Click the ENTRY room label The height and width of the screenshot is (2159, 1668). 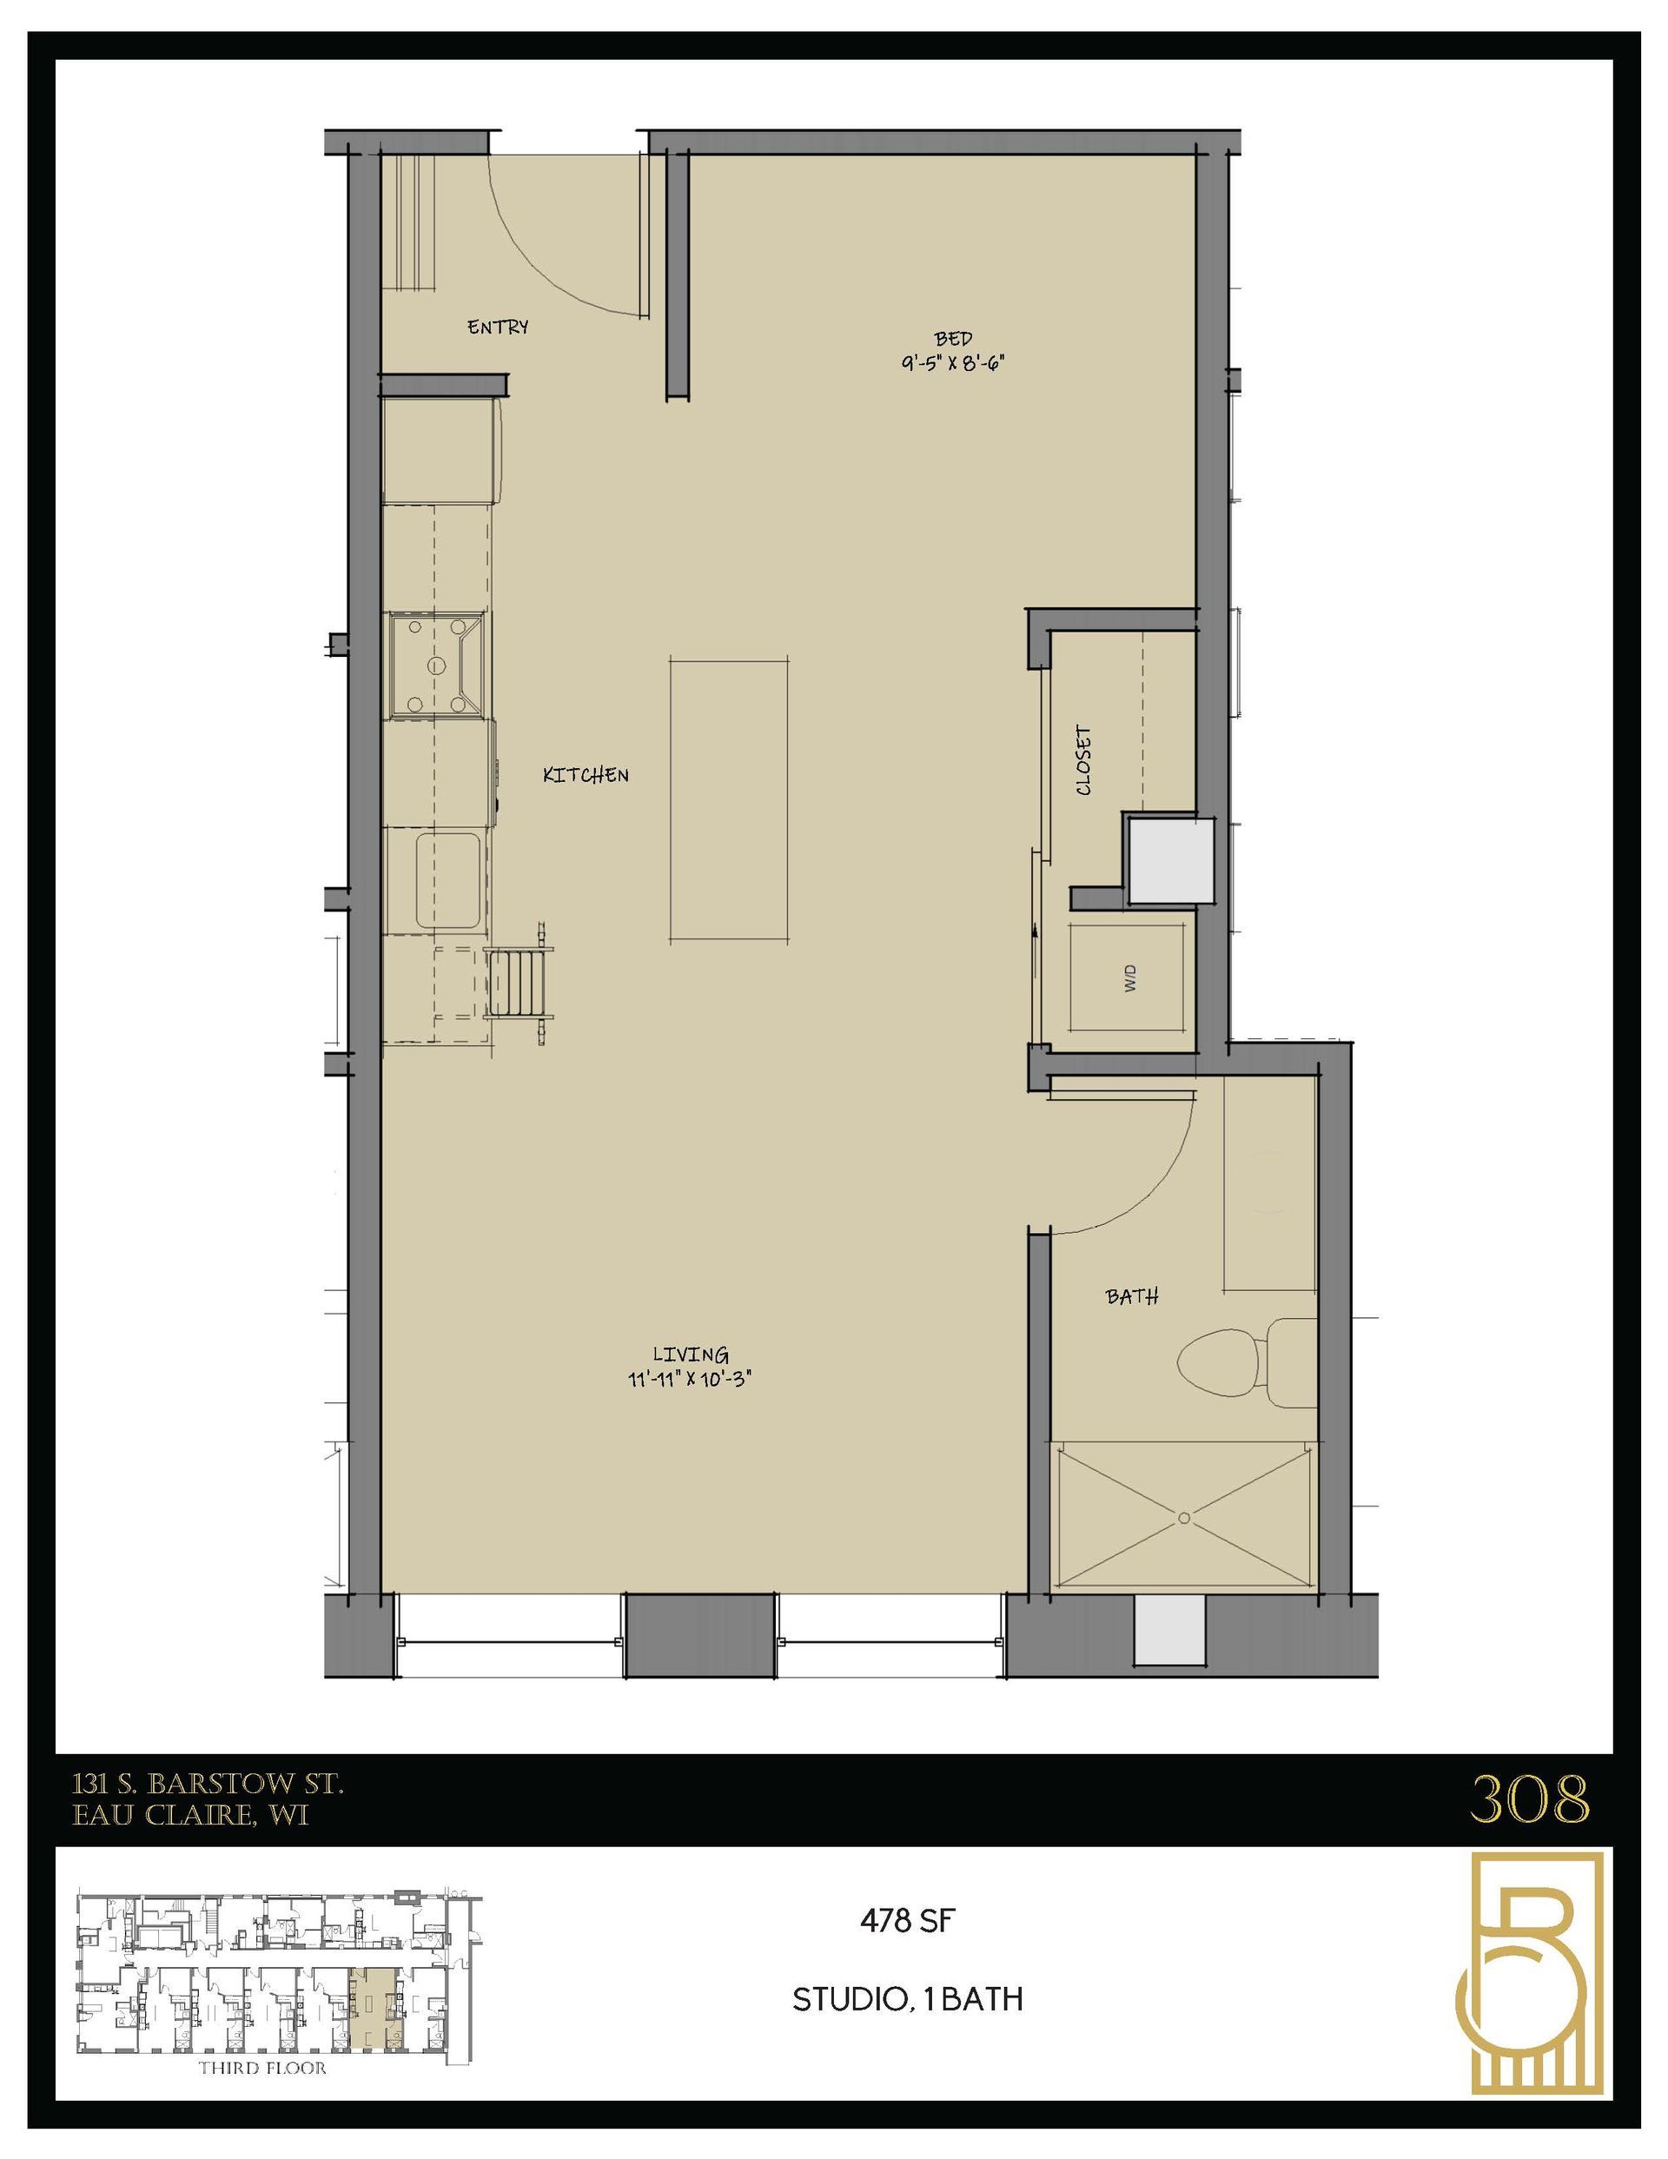point(497,326)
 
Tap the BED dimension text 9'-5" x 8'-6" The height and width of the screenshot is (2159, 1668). point(952,363)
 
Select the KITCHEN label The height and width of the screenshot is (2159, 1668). point(586,775)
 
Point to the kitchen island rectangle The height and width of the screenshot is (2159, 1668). point(729,798)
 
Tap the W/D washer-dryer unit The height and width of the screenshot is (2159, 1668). point(1130,977)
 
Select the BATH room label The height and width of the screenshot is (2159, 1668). point(1132,1297)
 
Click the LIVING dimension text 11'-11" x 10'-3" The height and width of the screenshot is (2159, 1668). point(690,1379)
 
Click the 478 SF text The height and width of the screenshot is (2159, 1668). point(907,1921)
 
